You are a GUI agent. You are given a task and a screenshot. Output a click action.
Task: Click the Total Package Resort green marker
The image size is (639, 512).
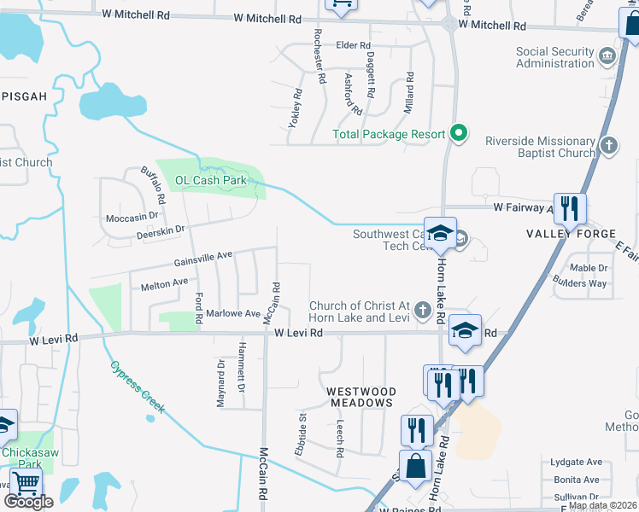pos(459,133)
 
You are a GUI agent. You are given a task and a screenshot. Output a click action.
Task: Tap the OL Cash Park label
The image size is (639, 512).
pos(210,180)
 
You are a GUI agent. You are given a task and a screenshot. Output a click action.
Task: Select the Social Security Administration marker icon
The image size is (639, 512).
pos(607,57)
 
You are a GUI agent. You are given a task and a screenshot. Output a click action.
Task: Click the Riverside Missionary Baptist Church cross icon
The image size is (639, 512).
pos(608,146)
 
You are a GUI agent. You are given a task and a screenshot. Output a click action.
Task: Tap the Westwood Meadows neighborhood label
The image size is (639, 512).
pos(361,397)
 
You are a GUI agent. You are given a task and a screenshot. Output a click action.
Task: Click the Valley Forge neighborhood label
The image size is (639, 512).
pos(571,234)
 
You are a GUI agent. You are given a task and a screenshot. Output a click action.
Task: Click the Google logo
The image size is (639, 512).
pos(28,502)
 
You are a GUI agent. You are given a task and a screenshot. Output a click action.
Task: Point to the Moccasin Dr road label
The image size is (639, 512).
pos(132,218)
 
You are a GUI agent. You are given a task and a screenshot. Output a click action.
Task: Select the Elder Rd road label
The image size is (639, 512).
pos(353,45)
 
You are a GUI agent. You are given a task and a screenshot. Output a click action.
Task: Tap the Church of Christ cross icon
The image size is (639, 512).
pos(421,311)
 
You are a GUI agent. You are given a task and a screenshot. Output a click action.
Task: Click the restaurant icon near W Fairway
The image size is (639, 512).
pos(570,209)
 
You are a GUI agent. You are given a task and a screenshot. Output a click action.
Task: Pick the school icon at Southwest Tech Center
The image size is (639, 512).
pos(439,234)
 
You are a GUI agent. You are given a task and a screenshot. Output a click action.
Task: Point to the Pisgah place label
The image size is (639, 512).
pos(24,96)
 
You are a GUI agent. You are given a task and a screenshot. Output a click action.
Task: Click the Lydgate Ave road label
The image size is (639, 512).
pos(576,463)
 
